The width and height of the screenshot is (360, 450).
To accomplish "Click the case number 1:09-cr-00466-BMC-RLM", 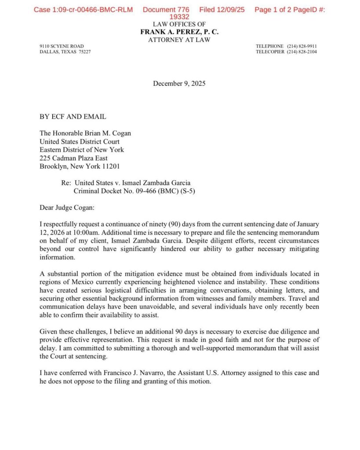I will [x=83, y=10].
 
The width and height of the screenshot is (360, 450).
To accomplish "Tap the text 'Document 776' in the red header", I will [x=166, y=10].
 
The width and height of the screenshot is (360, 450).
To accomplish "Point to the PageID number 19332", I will [x=179, y=17].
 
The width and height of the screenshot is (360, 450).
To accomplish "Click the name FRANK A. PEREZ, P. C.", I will [x=179, y=32].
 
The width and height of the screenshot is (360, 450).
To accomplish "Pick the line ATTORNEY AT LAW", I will [x=179, y=40].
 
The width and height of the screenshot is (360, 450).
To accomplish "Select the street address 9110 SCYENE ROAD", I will [x=62, y=46].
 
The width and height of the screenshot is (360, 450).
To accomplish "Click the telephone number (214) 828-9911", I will [x=302, y=46].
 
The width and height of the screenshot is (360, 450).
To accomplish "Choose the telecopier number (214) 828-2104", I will [x=302, y=52].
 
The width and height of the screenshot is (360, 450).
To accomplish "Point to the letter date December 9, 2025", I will [x=179, y=83].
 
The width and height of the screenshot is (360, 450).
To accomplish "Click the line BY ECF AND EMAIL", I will [x=73, y=117].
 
